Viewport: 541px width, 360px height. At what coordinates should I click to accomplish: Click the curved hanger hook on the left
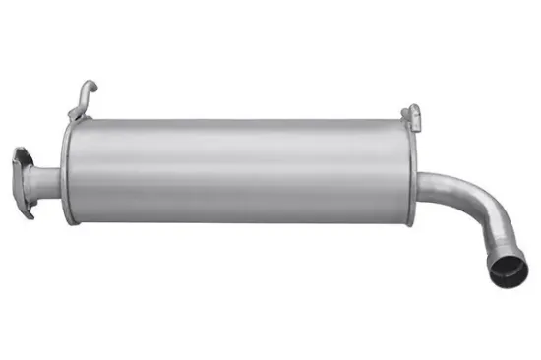(86, 99)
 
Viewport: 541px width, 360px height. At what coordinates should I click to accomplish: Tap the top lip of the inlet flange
(22, 152)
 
